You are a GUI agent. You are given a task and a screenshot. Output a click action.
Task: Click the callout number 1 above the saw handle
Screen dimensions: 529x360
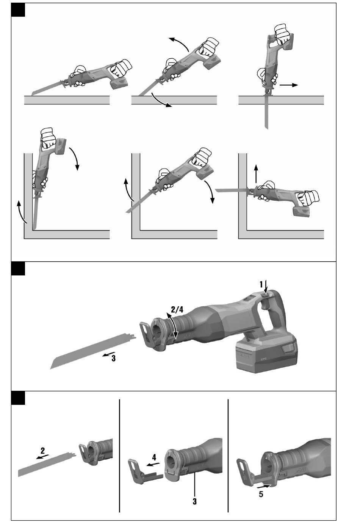261,284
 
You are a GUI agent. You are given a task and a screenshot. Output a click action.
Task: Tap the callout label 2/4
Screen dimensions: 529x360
177,309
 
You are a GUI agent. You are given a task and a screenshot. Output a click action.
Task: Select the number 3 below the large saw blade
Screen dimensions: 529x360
113,358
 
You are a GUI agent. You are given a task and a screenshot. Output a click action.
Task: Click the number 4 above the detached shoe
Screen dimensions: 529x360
154,457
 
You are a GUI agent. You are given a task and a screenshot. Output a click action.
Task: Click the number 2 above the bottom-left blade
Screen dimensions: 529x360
43,451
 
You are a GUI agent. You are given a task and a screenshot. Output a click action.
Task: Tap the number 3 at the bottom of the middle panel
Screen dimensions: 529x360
195,501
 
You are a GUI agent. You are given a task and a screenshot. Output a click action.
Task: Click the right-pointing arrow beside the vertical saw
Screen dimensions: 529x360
289,85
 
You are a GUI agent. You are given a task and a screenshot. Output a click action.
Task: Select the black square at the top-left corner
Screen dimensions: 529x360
18,9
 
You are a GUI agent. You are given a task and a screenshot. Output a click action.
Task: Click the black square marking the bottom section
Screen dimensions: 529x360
18,398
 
